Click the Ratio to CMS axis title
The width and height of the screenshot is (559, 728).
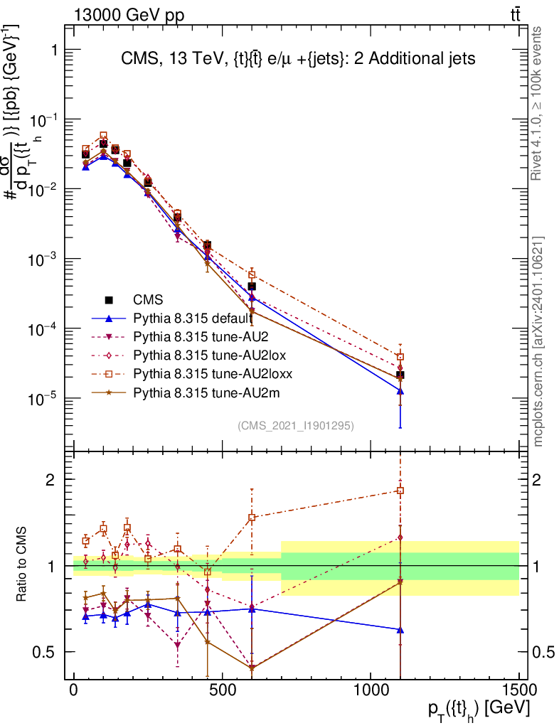[23, 564]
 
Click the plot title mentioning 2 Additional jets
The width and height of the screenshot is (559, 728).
[292, 59]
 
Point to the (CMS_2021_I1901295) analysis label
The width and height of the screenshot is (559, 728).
[296, 425]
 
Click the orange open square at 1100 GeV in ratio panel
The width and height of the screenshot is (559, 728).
[400, 491]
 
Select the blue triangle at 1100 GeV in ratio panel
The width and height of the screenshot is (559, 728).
[400, 630]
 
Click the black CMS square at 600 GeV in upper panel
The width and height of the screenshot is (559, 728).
[252, 286]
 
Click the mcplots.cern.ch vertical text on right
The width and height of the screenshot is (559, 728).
[538, 341]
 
